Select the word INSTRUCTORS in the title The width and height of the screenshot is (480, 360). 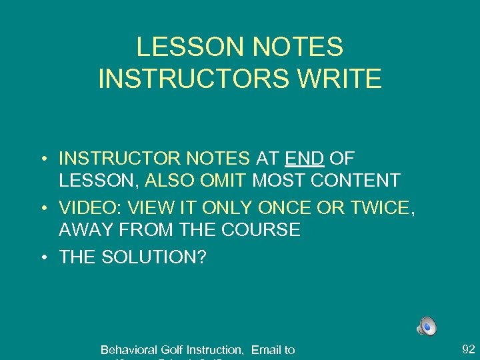point(193,78)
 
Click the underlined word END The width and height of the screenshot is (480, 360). point(304,159)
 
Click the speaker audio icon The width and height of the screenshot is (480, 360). point(427,326)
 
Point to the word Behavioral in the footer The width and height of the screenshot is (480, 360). point(127,349)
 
